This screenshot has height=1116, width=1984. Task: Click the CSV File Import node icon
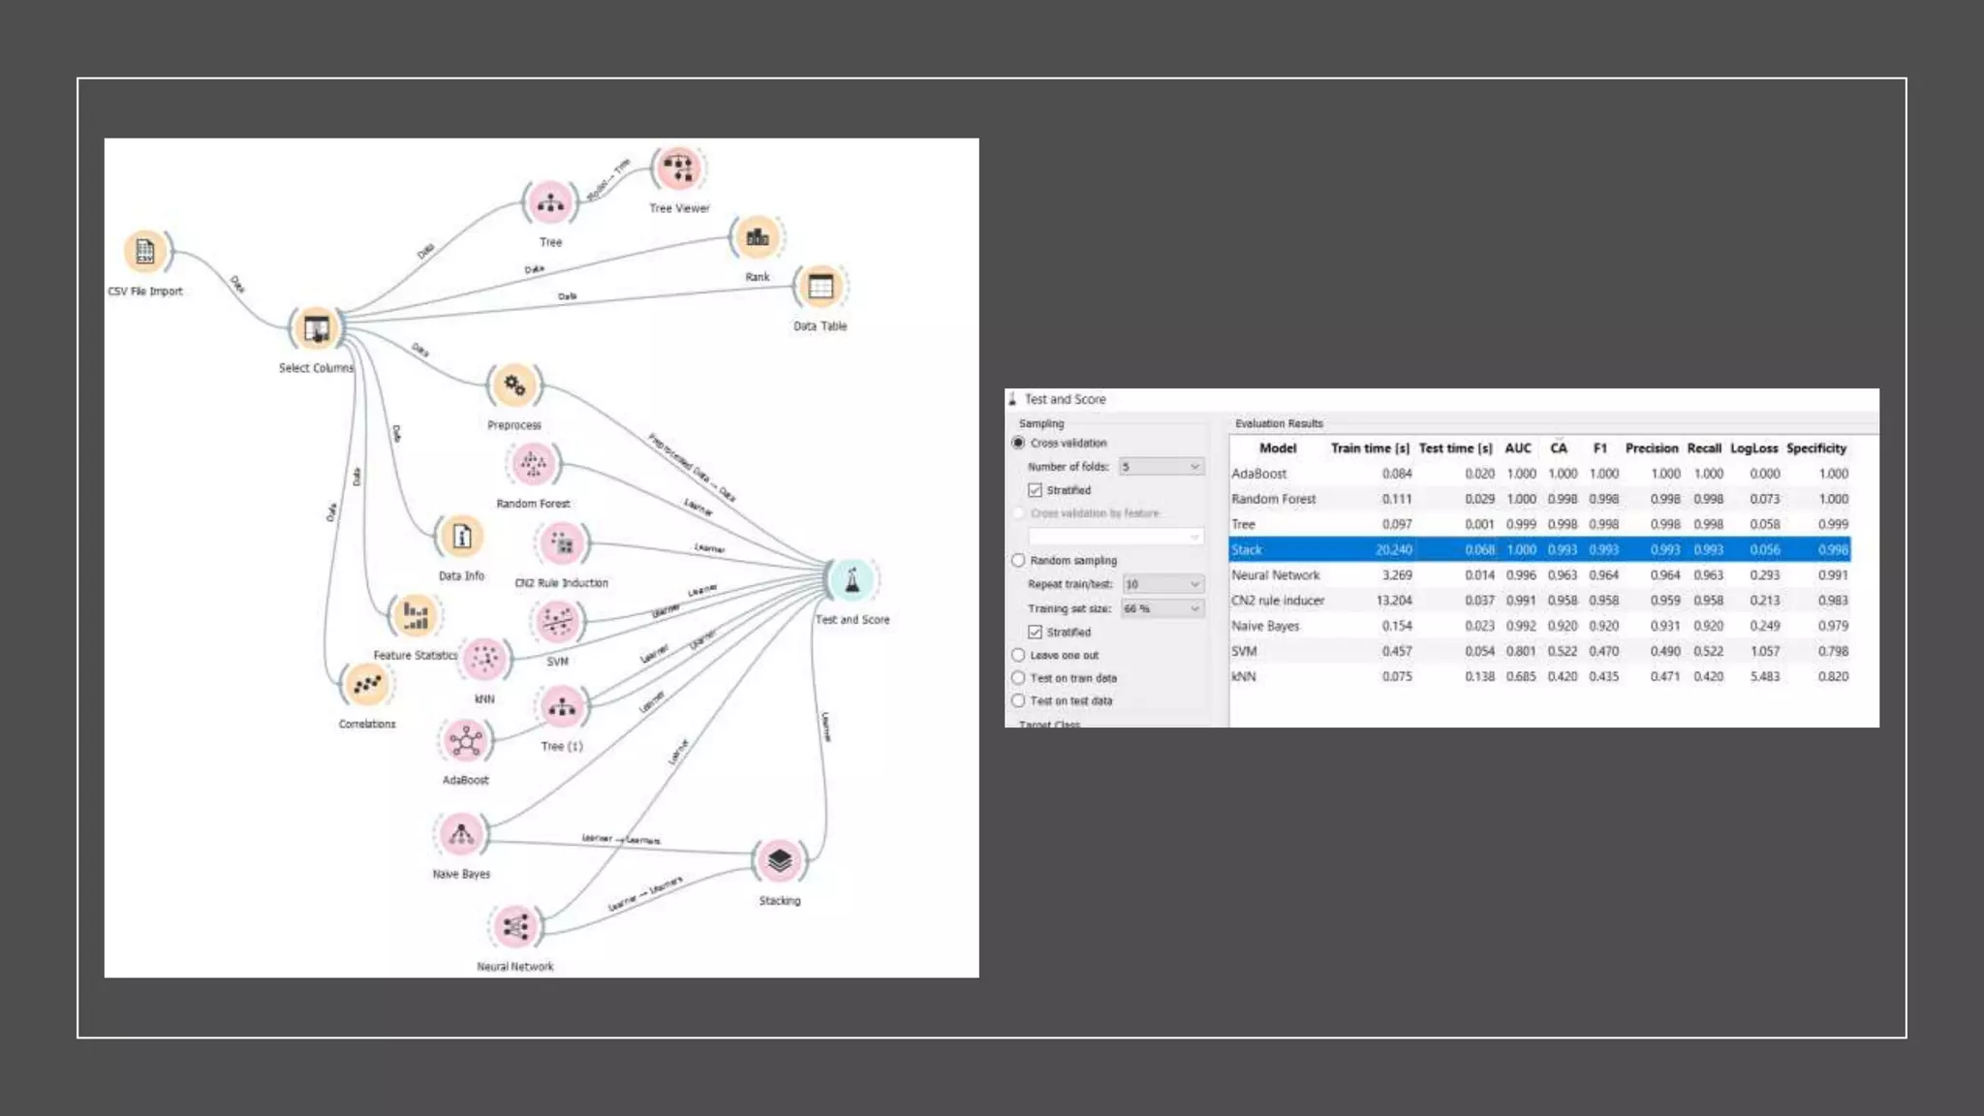click(145, 251)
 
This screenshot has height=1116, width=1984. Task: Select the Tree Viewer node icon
click(678, 169)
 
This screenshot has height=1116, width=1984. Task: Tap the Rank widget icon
click(758, 236)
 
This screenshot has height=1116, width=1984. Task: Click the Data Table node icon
click(821, 287)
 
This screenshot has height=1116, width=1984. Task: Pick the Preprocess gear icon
click(514, 386)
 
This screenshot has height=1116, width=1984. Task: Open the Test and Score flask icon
click(852, 579)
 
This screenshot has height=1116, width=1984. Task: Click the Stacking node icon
click(780, 860)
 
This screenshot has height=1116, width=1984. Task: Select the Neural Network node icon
click(515, 927)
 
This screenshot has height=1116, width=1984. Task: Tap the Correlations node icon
click(367, 685)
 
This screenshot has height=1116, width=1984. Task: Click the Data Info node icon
click(461, 536)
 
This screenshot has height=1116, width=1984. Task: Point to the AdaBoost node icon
click(466, 742)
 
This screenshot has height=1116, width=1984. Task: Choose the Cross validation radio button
click(1018, 443)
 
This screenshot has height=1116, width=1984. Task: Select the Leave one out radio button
click(1018, 655)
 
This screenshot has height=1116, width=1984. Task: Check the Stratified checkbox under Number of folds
click(1035, 490)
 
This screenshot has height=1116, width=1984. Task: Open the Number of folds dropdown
click(1161, 467)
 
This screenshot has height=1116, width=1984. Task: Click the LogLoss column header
click(1753, 449)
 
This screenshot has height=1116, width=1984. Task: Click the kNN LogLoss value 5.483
click(1764, 676)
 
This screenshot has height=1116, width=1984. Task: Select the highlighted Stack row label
click(1247, 549)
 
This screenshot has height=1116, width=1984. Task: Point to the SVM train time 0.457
click(1396, 651)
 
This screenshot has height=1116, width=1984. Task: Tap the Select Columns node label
click(316, 368)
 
